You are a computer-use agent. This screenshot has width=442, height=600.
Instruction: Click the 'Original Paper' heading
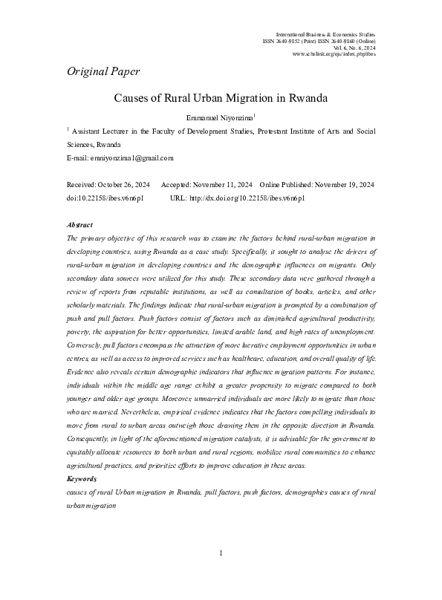[103, 72]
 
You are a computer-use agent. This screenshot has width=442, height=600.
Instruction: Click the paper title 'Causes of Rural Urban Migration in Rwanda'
[221, 97]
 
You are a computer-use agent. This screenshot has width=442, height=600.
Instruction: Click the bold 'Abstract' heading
[79, 224]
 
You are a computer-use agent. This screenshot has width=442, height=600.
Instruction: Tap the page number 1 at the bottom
[221, 574]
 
